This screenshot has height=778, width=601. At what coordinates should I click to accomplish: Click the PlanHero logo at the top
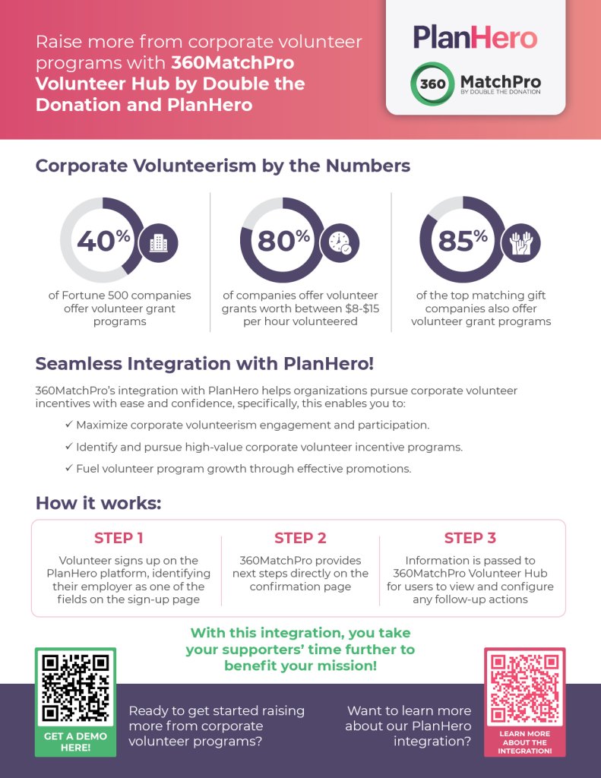point(475,38)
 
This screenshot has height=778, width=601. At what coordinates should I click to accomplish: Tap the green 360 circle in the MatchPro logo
point(432,84)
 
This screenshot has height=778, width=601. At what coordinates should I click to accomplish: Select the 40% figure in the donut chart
point(103,241)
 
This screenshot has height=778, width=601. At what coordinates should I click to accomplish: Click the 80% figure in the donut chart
point(283,241)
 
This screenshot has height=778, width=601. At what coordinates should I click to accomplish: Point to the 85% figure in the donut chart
point(463,241)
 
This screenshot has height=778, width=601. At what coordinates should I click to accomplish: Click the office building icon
point(158,242)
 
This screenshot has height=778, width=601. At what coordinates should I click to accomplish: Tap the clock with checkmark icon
point(340,242)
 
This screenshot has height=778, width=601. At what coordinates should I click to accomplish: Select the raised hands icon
point(520,242)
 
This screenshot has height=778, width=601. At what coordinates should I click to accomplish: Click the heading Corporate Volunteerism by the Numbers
point(223,166)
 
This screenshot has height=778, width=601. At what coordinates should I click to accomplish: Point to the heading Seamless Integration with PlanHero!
point(204,364)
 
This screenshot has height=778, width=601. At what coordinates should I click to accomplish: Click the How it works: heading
point(98,503)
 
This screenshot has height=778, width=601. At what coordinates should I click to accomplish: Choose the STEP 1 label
point(119,538)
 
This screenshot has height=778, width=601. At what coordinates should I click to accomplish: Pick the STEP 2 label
point(300,538)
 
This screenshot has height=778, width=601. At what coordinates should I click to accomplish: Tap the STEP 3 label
point(470,538)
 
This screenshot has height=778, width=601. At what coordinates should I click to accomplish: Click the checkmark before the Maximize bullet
point(69,425)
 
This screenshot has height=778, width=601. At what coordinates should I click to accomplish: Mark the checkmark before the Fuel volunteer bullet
point(69,468)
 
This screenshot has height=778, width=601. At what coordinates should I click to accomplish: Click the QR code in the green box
point(75,688)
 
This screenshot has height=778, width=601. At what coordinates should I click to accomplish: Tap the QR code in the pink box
point(524,688)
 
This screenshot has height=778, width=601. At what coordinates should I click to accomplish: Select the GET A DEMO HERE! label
point(75,742)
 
